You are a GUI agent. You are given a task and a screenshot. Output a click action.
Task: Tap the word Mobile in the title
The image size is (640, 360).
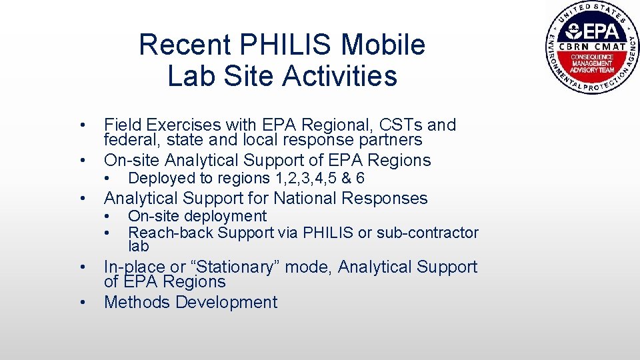383,45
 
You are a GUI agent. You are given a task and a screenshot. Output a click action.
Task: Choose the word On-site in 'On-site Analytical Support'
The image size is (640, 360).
132,160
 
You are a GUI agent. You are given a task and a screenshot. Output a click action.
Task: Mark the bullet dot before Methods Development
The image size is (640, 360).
81,303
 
